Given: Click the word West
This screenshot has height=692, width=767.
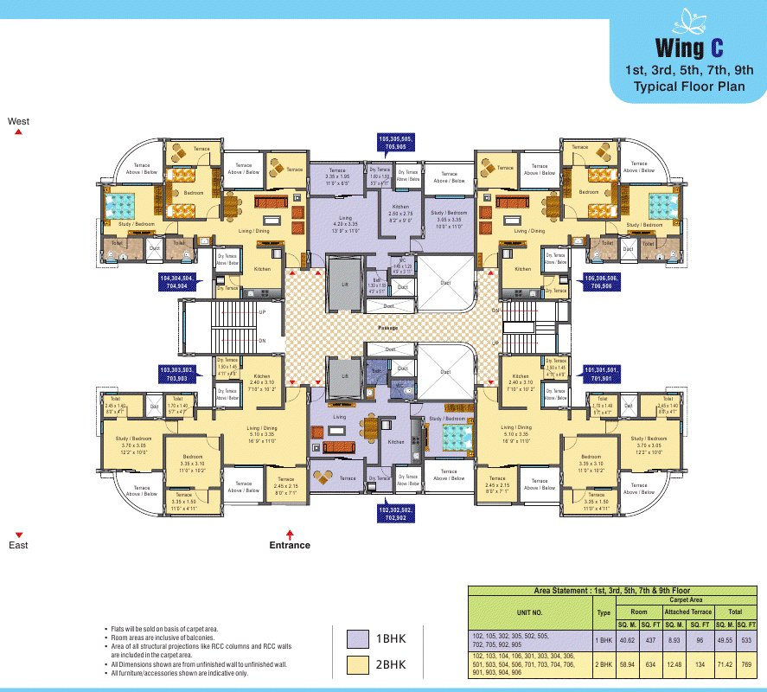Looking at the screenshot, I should coord(18,122).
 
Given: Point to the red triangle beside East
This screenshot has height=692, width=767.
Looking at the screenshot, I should coord(18,535).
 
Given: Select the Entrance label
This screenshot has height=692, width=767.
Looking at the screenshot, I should coord(290,545).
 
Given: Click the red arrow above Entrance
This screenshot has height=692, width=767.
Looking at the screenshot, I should coord(290,533).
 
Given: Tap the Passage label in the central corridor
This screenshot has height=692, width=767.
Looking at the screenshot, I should coord(388,328).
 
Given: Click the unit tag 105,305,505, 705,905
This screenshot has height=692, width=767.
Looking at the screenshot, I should coord(396,142).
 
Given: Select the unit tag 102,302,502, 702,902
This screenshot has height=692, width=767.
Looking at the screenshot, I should coord(397,514).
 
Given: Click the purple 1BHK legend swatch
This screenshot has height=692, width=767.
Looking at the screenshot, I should coord(356,639).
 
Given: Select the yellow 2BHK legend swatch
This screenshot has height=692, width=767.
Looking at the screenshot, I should coord(356,664).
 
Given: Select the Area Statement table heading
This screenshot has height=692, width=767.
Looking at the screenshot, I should coord(616,589).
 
